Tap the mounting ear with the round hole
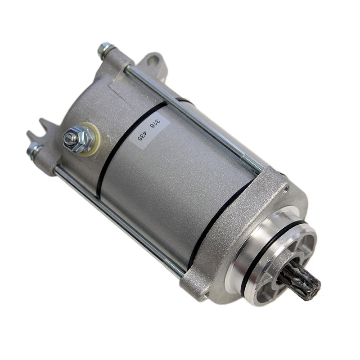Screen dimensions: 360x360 153,65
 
